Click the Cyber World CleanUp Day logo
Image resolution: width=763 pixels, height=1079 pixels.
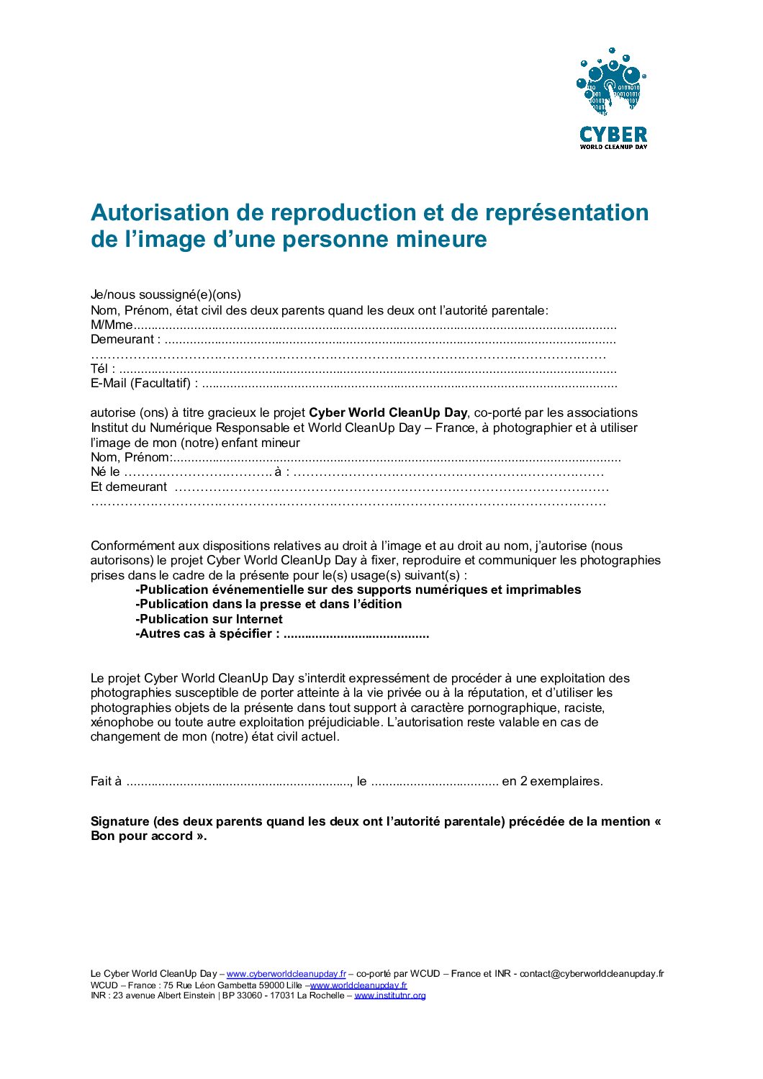pos(613,99)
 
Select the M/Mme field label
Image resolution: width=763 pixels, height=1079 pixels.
pos(112,325)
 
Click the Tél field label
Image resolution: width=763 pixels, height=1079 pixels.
pos(102,369)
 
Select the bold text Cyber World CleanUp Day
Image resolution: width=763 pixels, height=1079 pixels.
pos(388,413)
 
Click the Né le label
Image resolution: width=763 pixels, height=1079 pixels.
pos(105,472)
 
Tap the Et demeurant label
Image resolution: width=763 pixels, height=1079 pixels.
pos(129,487)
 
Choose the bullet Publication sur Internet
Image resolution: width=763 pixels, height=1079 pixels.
pos(209,620)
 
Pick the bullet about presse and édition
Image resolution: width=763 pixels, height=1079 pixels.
pos(268,605)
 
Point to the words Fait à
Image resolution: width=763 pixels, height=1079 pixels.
pos(106,782)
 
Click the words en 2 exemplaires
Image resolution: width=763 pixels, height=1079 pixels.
pos(552,782)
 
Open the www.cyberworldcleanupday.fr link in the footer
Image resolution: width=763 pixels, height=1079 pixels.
pos(286,974)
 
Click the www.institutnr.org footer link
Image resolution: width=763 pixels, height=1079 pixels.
pos(389,996)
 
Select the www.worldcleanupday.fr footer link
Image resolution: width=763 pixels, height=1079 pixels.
pos(358,985)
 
